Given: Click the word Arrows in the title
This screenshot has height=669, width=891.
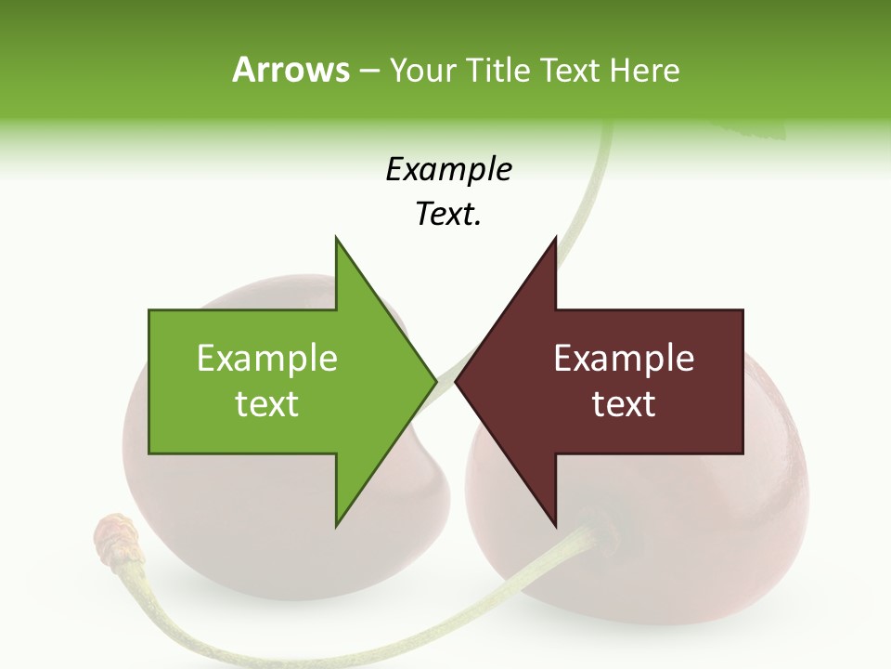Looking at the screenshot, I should (x=291, y=70).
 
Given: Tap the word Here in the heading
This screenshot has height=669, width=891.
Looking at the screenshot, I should (x=644, y=71).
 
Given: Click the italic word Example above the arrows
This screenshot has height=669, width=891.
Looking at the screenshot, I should (x=448, y=170).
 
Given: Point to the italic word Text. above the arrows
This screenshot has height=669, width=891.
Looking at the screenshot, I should (x=448, y=215).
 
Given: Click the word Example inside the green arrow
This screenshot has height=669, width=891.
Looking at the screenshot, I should (x=267, y=359).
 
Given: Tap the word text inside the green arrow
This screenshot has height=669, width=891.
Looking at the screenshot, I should (x=267, y=404).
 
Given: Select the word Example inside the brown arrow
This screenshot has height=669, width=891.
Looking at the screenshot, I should (x=624, y=359).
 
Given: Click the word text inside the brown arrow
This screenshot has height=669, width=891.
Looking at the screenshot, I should (x=624, y=404).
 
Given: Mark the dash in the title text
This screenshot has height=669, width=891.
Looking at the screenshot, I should (x=368, y=72).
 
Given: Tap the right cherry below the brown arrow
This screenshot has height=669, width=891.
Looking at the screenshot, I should (x=705, y=539).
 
